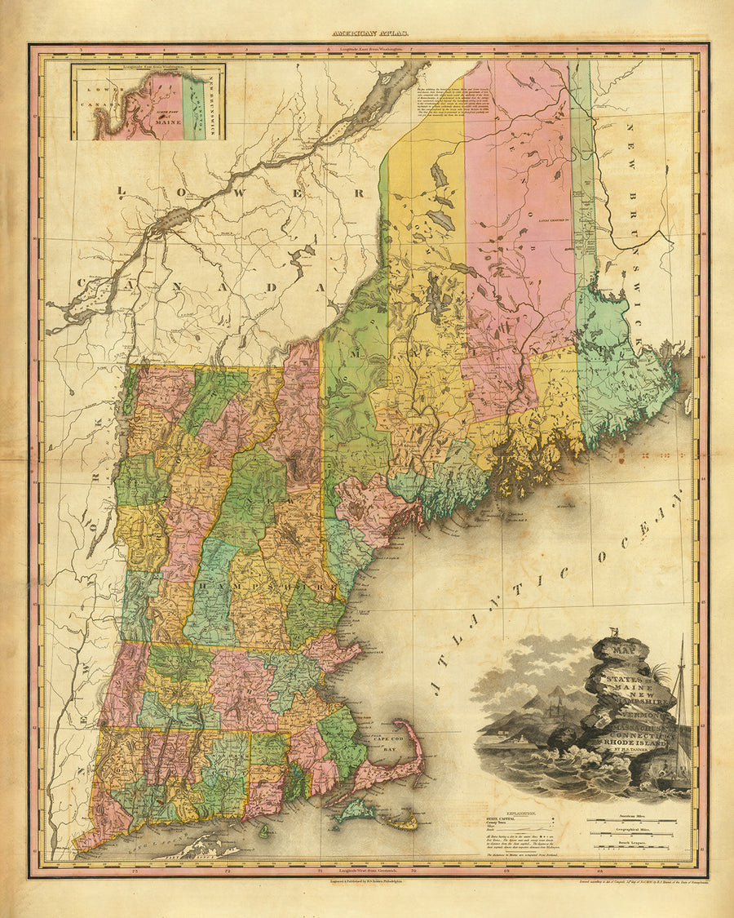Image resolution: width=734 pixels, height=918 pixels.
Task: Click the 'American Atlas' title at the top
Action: tap(367, 34)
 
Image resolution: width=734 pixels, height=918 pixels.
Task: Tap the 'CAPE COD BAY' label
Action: tap(388, 744)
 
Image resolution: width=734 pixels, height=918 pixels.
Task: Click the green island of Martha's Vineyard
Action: tap(356, 810)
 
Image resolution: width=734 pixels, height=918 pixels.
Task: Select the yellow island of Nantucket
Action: tap(401, 821)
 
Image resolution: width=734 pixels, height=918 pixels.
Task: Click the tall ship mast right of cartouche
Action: tap(681, 702)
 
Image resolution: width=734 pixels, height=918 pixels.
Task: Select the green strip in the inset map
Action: tap(192, 106)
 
